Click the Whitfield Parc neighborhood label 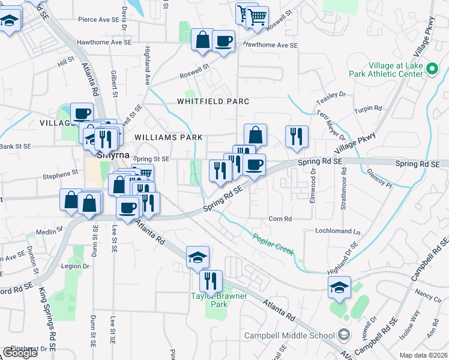pyautogui.click(x=213, y=101)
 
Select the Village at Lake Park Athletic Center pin pyautogui.click(x=432, y=70)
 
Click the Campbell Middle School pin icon pyautogui.click(x=344, y=334)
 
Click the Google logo pyautogui.click(x=20, y=352)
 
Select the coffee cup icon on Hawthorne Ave pyautogui.click(x=224, y=41)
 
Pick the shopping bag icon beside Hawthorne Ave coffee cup pyautogui.click(x=203, y=40)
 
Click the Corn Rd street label pyautogui.click(x=280, y=219)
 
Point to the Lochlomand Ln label pyautogui.click(x=337, y=231)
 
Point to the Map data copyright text pyautogui.click(x=424, y=355)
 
